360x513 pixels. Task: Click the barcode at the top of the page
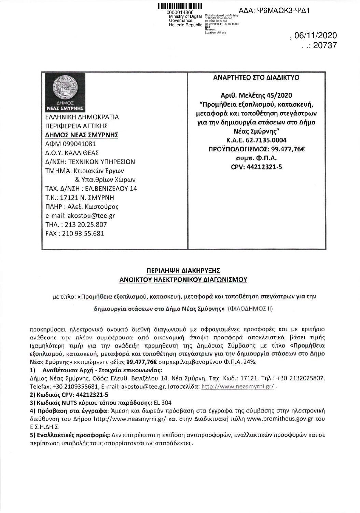(180, 6)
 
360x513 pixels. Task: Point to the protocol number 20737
(323, 45)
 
